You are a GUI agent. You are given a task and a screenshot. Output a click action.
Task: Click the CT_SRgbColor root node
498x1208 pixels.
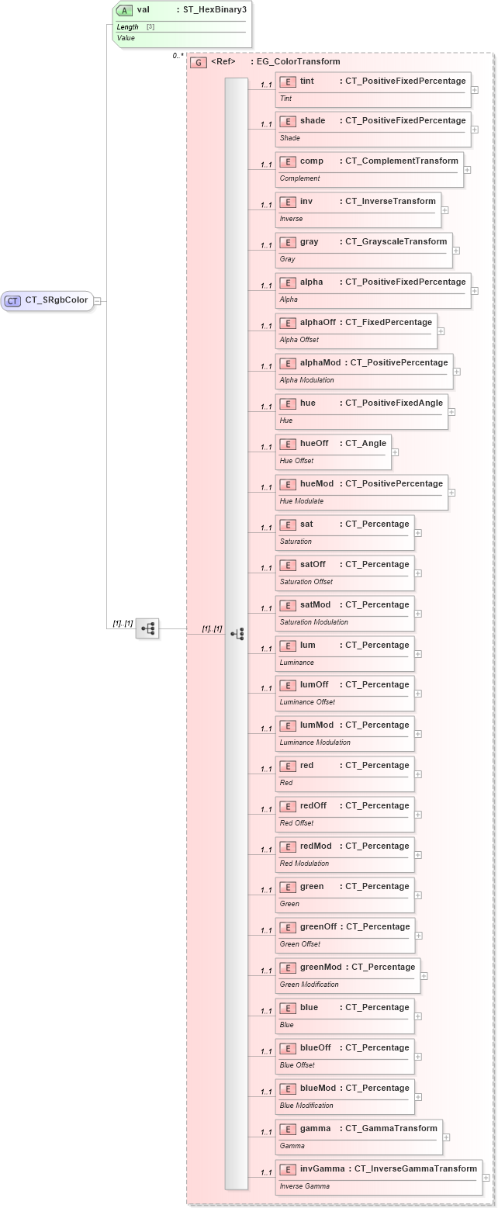[x=47, y=301]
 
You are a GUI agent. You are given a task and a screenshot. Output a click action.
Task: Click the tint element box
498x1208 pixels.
[x=372, y=88]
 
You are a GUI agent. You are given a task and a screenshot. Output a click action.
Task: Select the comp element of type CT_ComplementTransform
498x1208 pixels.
[x=368, y=169]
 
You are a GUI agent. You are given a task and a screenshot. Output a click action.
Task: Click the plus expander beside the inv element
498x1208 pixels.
[x=445, y=209]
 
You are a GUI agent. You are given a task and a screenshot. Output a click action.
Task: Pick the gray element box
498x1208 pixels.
[x=363, y=250]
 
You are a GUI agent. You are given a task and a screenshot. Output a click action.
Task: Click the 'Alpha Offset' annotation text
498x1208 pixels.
[x=299, y=340]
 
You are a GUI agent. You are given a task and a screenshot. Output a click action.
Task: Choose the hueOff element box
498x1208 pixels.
[x=332, y=452]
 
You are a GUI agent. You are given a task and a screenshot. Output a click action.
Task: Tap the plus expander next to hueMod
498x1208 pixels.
[x=452, y=492]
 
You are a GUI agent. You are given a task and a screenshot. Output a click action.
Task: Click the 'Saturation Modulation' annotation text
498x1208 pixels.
[x=313, y=622]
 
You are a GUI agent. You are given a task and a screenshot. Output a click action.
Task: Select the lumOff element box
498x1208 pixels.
[x=344, y=693]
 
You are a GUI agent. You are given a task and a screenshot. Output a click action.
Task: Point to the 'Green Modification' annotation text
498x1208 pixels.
[x=309, y=985]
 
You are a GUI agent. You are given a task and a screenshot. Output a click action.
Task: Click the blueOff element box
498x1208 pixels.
[x=344, y=1056]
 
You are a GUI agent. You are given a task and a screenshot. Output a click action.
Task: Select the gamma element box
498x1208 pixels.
[x=358, y=1137]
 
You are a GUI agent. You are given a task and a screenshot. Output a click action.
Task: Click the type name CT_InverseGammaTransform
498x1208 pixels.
[x=416, y=1168]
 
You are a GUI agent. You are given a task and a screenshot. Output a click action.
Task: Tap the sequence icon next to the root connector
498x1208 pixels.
[x=147, y=628]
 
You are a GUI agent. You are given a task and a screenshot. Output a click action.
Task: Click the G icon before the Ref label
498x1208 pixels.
[x=199, y=62]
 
